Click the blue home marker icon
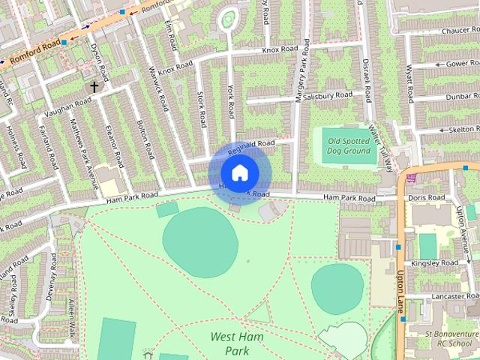pyautogui.click(x=239, y=173)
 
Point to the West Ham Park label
pyautogui.click(x=237, y=343)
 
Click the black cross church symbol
pyautogui.click(x=94, y=87)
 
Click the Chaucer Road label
pyautogui.click(x=460, y=31)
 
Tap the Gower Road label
pyautogui.click(x=462, y=64)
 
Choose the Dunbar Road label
pyautogui.click(x=461, y=97)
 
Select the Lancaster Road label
pyautogui.click(x=449, y=297)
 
